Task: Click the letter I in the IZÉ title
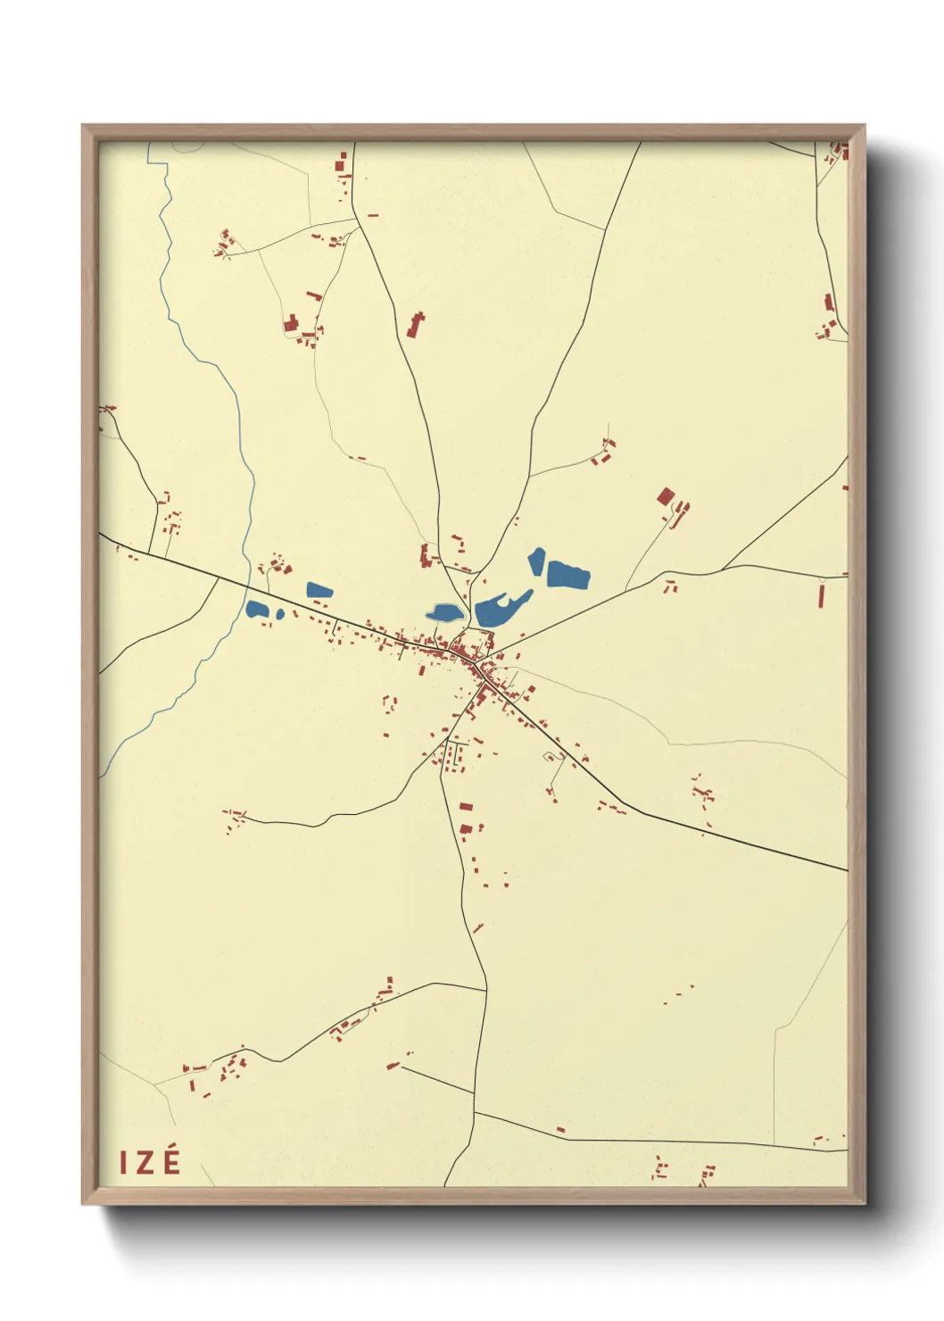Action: pos(125,1162)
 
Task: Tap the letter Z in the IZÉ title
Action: pos(146,1162)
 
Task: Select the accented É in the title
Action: pos(172,1160)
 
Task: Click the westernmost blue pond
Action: pos(257,610)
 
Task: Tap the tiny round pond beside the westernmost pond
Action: pos(280,614)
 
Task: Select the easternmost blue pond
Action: pos(568,574)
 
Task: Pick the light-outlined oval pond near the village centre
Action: pos(443,613)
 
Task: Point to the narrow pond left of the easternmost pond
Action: pos(537,561)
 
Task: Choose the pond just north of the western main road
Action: pos(319,590)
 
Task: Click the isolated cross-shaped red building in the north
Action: pos(415,324)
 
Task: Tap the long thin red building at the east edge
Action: pos(821,594)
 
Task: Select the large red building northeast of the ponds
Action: pos(666,497)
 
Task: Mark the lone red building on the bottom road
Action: pos(561,1130)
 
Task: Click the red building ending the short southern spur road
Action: pos(393,1065)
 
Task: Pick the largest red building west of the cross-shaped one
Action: pos(290,323)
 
